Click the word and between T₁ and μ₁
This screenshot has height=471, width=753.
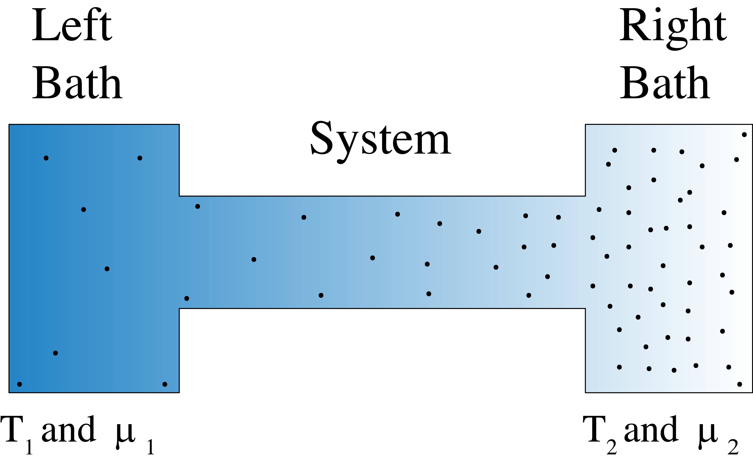click(x=69, y=430)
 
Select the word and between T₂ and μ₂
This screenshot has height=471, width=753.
click(x=652, y=430)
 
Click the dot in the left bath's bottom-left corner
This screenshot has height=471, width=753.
click(x=19, y=384)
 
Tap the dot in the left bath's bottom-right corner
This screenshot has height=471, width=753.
click(x=165, y=384)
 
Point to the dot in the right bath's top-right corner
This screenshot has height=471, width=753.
click(x=744, y=135)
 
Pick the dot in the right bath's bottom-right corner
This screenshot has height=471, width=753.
click(x=740, y=384)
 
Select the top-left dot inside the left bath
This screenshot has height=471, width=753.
click(x=46, y=158)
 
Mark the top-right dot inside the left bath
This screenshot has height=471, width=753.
click(x=140, y=158)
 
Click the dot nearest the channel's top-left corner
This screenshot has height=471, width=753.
click(x=197, y=206)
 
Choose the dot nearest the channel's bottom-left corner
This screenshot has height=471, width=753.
click(x=186, y=298)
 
